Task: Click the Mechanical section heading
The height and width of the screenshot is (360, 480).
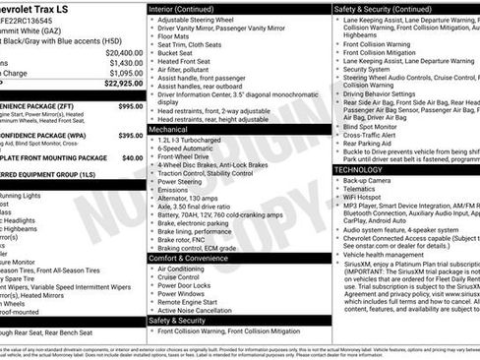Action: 168,129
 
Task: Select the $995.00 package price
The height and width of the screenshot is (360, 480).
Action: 129,105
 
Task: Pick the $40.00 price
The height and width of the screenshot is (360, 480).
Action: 132,157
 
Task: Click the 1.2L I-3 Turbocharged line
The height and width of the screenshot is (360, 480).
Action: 192,140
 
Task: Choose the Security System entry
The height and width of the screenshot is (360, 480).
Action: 367,70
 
